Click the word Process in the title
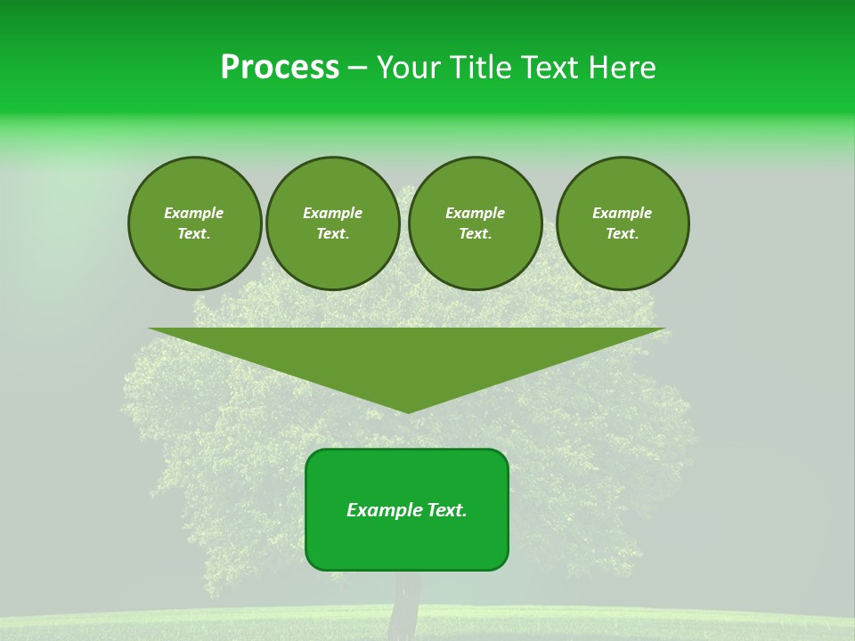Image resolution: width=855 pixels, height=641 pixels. tap(280, 68)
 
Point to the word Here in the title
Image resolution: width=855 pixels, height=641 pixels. tap(625, 68)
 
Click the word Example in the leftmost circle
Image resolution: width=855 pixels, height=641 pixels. tap(194, 213)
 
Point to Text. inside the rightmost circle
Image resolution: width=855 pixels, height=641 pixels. tap(622, 234)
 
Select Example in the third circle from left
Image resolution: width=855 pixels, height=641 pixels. tap(475, 213)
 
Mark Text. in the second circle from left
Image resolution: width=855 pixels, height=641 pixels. tap(332, 234)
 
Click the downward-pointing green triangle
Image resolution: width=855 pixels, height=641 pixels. tap(407, 356)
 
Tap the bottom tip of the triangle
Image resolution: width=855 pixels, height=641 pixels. tap(407, 410)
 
